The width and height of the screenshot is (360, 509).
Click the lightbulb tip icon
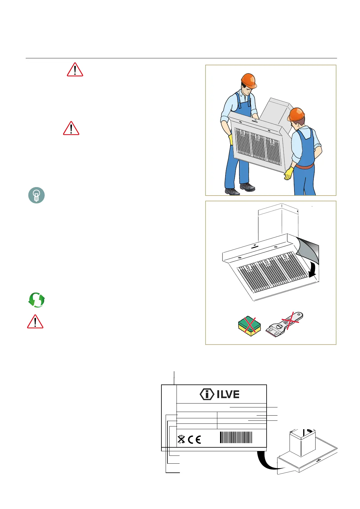(36, 195)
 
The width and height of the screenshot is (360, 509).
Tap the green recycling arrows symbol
(37, 300)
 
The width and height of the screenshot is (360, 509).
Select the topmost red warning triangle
(75, 70)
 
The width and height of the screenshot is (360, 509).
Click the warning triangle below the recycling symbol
(35, 322)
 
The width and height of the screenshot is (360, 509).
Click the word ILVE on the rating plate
(228, 394)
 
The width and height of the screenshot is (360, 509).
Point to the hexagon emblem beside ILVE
(207, 394)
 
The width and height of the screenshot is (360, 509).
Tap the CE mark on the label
(194, 439)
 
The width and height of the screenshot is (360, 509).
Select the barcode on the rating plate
(236, 437)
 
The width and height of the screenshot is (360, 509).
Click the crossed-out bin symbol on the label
(181, 439)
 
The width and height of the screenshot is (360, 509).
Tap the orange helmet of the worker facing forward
(249, 81)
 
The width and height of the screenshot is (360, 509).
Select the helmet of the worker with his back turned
(296, 115)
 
